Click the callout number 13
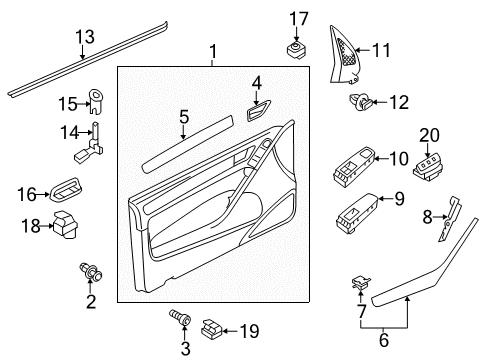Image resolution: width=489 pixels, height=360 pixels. [85, 37]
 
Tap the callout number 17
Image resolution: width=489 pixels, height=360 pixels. [299, 19]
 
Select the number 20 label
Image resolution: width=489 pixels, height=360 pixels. [429, 136]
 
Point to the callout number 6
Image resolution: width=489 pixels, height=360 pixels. [384, 340]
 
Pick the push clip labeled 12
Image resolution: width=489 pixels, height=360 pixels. [360, 102]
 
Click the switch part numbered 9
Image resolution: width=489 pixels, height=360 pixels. [356, 213]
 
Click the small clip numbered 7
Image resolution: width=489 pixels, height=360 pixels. [361, 282]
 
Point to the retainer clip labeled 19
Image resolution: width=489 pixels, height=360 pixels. [211, 330]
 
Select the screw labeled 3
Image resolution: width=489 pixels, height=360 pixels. [180, 319]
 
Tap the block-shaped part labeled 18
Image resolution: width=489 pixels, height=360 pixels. [65, 225]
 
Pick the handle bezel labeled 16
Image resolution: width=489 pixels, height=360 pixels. [66, 190]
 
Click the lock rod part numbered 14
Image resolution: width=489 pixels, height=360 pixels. [90, 144]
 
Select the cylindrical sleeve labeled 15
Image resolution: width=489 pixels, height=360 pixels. [96, 101]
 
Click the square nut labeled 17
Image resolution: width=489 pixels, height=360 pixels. [297, 49]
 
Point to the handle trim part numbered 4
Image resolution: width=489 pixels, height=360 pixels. [258, 110]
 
